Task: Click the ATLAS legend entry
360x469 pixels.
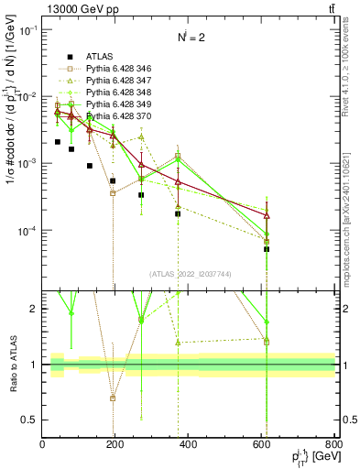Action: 87,54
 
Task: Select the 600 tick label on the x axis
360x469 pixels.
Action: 262,445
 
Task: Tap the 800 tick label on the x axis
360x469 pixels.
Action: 333,445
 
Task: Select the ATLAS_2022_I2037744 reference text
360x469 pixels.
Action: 189,274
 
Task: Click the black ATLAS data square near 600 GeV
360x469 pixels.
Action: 267,249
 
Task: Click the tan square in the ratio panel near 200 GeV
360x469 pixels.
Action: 113,398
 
